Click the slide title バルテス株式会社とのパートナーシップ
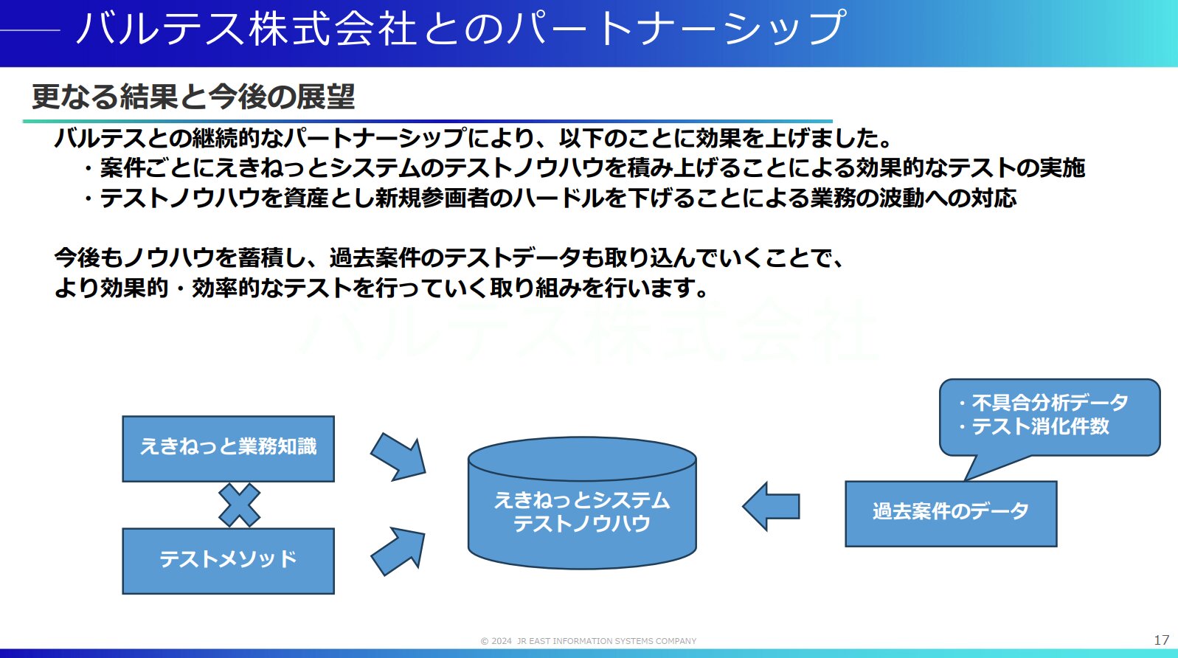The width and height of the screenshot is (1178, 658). coord(461,28)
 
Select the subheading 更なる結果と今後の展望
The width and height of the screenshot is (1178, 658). coord(193,97)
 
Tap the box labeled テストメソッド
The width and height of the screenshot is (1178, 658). coord(228,561)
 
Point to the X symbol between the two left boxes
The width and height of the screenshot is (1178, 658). coord(239,505)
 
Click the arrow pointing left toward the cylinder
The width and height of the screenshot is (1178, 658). coord(772,506)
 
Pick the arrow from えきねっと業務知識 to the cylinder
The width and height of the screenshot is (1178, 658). coord(398,456)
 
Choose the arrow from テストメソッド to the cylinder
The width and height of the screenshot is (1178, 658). coord(398,551)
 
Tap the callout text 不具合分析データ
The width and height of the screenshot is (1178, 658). coord(1049,403)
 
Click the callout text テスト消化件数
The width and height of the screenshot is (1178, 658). coord(1040,426)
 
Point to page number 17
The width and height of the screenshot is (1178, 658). coord(1161,640)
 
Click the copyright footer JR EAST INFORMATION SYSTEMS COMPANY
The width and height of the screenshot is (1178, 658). coord(589,641)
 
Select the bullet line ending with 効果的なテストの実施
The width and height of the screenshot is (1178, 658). coord(584,168)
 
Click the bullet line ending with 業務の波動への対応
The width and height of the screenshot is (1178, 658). coord(550,198)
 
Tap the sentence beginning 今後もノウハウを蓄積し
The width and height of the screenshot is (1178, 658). coord(450,257)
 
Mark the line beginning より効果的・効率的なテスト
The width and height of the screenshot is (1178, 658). coord(381,288)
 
